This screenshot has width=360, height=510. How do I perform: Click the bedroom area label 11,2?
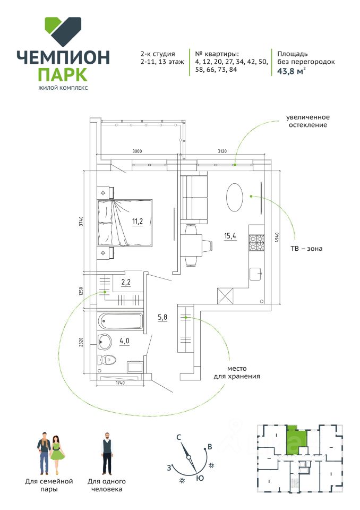click(x=137, y=222)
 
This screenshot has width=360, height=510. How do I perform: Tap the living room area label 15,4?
click(x=230, y=236)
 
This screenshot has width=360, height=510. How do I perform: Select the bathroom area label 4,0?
click(x=124, y=341)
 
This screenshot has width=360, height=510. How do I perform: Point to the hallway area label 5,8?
click(x=162, y=317)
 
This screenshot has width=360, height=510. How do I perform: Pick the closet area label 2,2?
click(x=126, y=282)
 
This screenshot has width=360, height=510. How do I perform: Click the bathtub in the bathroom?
click(x=121, y=321)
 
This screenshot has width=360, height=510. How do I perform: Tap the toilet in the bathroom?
click(x=107, y=360)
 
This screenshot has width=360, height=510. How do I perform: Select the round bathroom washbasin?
click(x=105, y=342)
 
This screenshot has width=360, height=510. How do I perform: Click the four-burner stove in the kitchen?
click(x=256, y=243)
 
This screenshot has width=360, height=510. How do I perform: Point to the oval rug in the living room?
click(x=235, y=198)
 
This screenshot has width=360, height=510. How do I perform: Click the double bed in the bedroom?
click(x=125, y=223)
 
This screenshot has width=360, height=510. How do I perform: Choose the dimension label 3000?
click(x=137, y=151)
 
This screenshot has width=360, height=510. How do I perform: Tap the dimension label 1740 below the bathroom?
click(x=120, y=383)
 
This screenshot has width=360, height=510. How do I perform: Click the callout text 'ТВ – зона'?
click(x=306, y=249)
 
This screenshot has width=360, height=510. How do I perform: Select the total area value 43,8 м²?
click(x=292, y=71)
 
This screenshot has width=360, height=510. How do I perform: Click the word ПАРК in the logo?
click(x=63, y=74)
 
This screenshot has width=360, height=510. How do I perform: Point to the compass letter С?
click(x=178, y=437)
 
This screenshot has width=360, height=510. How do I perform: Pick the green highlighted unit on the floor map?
click(x=297, y=440)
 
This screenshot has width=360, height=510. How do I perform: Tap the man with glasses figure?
click(x=107, y=453)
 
